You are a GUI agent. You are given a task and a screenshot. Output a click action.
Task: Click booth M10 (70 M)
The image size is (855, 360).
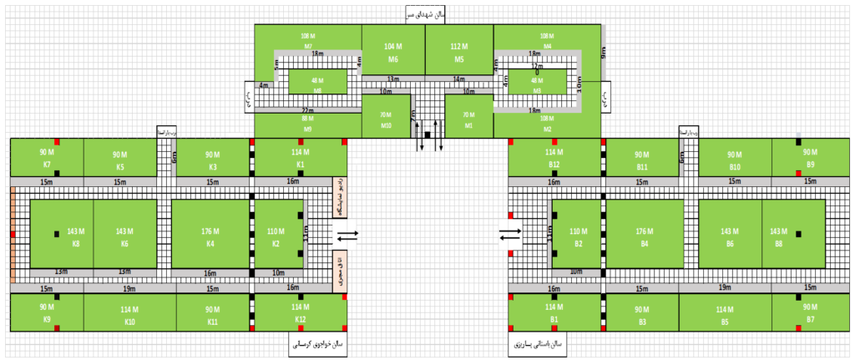pos(386,119)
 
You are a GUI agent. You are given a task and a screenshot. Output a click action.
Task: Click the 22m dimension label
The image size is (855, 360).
pos(306,111)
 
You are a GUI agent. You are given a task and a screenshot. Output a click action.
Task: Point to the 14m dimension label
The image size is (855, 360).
pos(458,79)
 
